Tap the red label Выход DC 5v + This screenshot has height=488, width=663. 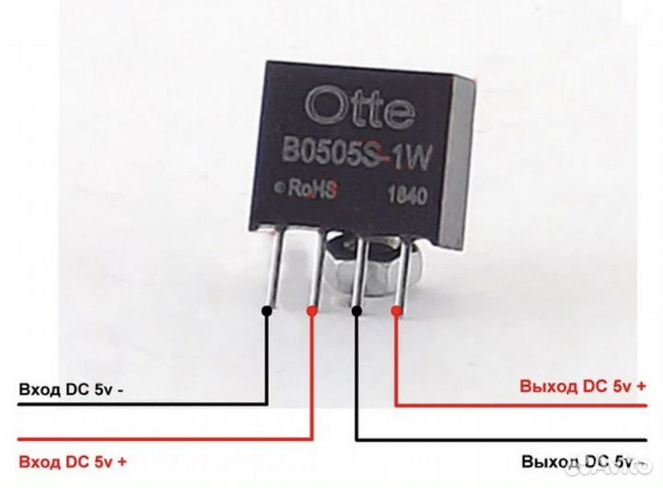[581, 386]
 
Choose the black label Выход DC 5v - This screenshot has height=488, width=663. [578, 459]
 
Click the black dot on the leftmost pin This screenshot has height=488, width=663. [266, 308]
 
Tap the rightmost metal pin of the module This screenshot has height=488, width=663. [401, 272]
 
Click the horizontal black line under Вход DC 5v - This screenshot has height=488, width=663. [138, 403]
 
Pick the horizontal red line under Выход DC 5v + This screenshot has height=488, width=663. [525, 404]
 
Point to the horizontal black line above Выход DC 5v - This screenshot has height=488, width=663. [506, 439]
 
